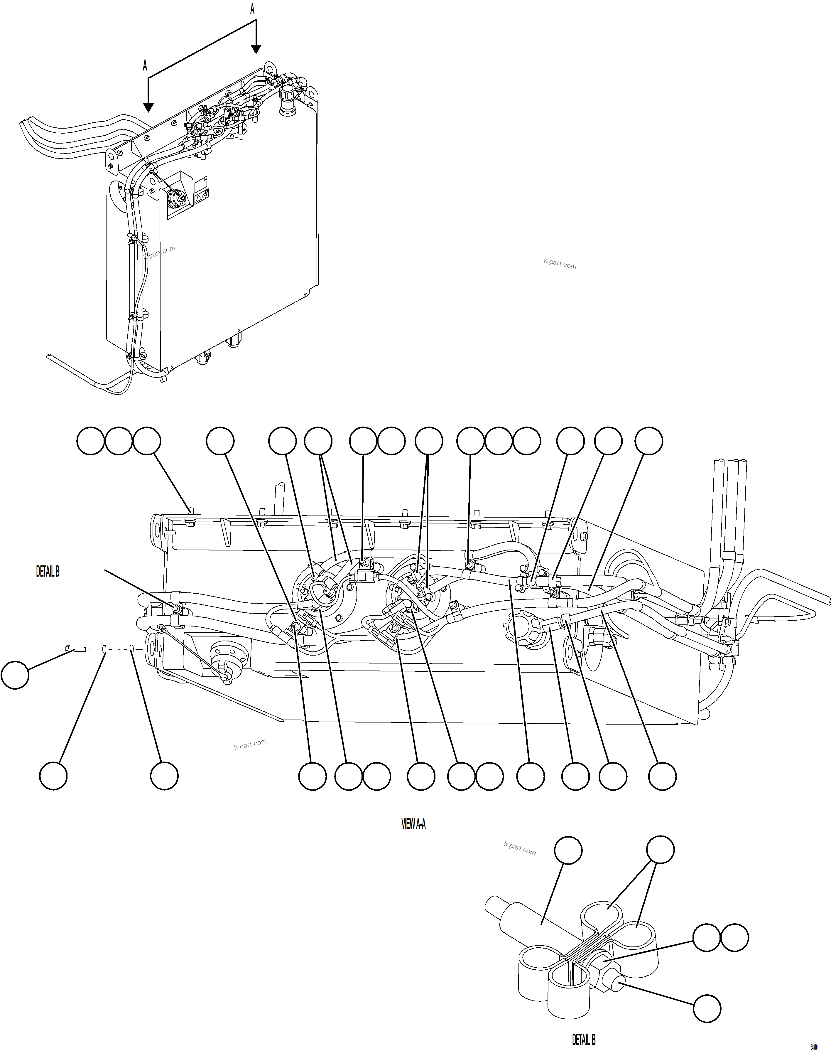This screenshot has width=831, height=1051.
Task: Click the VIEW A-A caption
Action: (413, 824)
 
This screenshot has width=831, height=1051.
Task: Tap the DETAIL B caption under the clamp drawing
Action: (583, 1039)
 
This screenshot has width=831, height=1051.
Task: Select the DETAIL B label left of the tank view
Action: (48, 572)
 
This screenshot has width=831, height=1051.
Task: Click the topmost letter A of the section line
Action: (252, 9)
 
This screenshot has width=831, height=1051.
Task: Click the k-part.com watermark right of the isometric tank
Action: (560, 264)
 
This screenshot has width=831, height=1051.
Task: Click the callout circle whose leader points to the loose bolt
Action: (15, 675)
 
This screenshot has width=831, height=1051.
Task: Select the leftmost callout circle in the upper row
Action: (90, 441)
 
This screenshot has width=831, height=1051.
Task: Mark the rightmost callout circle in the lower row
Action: (662, 776)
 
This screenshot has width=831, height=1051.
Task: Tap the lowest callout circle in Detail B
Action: (707, 1009)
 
